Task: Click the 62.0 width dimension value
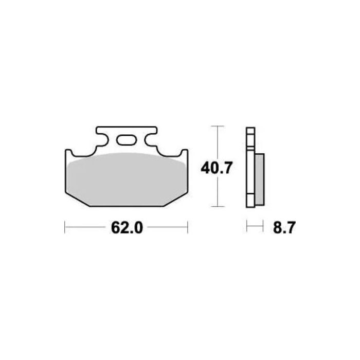point(126,227)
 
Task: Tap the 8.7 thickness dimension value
point(283,227)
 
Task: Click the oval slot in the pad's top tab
point(126,139)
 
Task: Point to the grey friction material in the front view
point(126,177)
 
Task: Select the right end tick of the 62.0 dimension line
point(188,227)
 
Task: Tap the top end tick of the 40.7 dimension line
point(219,126)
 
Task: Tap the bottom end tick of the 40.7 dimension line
point(219,207)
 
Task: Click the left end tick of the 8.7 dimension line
point(247,227)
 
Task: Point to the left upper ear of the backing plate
point(68,153)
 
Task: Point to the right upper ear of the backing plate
point(184,153)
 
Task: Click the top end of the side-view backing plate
point(250,128)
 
